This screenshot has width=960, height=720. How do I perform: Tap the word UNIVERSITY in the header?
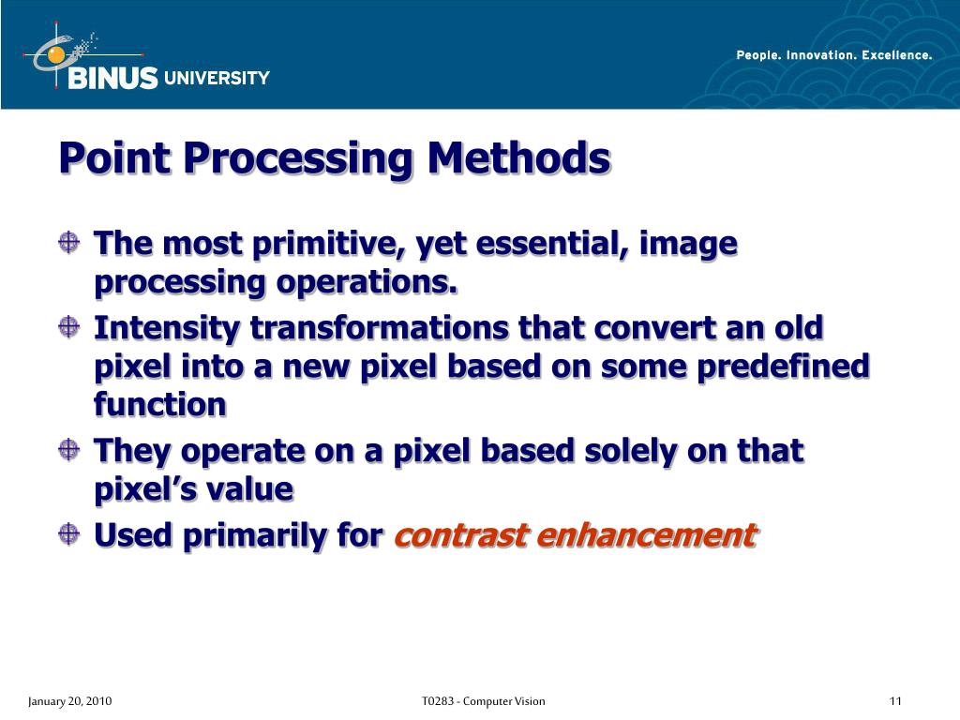217,79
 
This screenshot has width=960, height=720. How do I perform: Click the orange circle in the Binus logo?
56,55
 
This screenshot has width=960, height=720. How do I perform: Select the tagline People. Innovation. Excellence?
834,55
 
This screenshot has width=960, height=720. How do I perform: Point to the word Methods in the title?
517,157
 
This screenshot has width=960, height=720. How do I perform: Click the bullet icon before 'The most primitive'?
68,244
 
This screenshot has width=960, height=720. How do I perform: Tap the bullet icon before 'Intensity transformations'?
68,328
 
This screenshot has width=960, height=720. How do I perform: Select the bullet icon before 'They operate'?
68,451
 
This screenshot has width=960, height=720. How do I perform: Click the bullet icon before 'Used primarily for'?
68,535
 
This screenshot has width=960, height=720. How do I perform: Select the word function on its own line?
160,404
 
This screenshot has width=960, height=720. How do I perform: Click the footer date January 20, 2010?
69,701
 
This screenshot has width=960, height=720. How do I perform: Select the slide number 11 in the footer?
895,701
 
